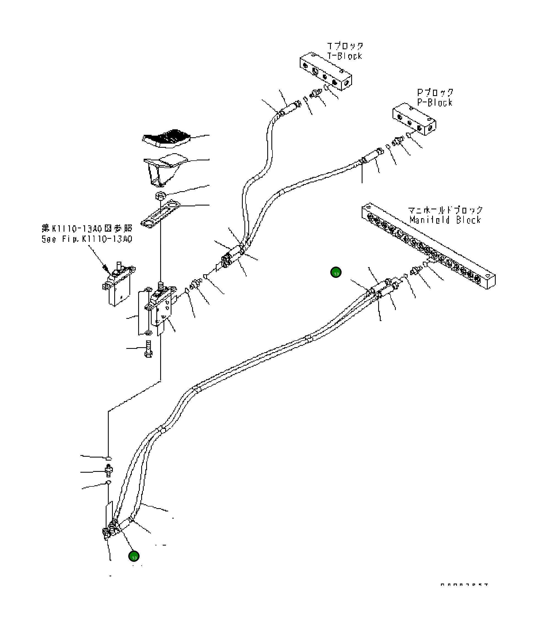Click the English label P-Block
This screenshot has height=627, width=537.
435,103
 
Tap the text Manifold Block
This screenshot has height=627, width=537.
445,220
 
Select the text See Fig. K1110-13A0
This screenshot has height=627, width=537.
87,239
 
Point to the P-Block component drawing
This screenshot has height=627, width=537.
414,119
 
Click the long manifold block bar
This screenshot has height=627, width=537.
428,245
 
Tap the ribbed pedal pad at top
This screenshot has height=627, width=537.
166,138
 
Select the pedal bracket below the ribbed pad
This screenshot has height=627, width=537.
163,169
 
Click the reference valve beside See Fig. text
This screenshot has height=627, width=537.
119,284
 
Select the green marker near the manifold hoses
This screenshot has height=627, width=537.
336,272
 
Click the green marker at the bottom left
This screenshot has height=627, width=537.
134,556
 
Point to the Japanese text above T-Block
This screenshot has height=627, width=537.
345,46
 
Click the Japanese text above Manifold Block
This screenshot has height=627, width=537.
445,210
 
